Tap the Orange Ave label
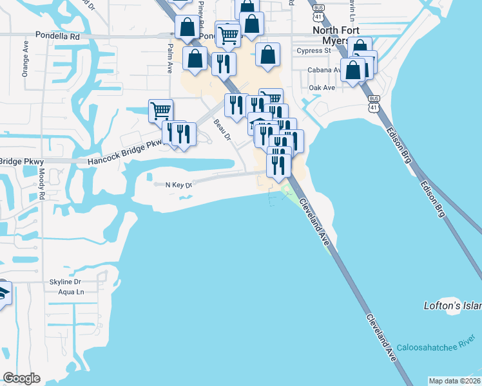click(26, 60)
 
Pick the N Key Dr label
click(179, 185)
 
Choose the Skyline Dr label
click(65, 282)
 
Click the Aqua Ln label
click(71, 292)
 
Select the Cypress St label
click(314, 50)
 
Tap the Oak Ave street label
click(322, 87)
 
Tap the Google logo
click(21, 378)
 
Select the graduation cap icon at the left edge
click(3, 293)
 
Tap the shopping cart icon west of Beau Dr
click(160, 110)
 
